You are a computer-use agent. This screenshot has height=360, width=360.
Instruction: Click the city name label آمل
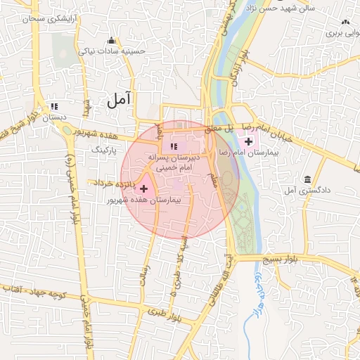(x=120, y=100)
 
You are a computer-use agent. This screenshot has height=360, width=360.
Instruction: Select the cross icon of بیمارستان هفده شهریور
(x=144, y=188)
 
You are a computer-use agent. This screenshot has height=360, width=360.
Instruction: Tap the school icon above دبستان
(x=53, y=107)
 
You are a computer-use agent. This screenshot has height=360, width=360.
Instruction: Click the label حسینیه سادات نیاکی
(x=114, y=51)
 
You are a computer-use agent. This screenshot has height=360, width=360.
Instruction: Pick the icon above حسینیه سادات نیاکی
(x=111, y=39)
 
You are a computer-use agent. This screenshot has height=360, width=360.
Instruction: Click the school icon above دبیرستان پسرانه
(x=174, y=146)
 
